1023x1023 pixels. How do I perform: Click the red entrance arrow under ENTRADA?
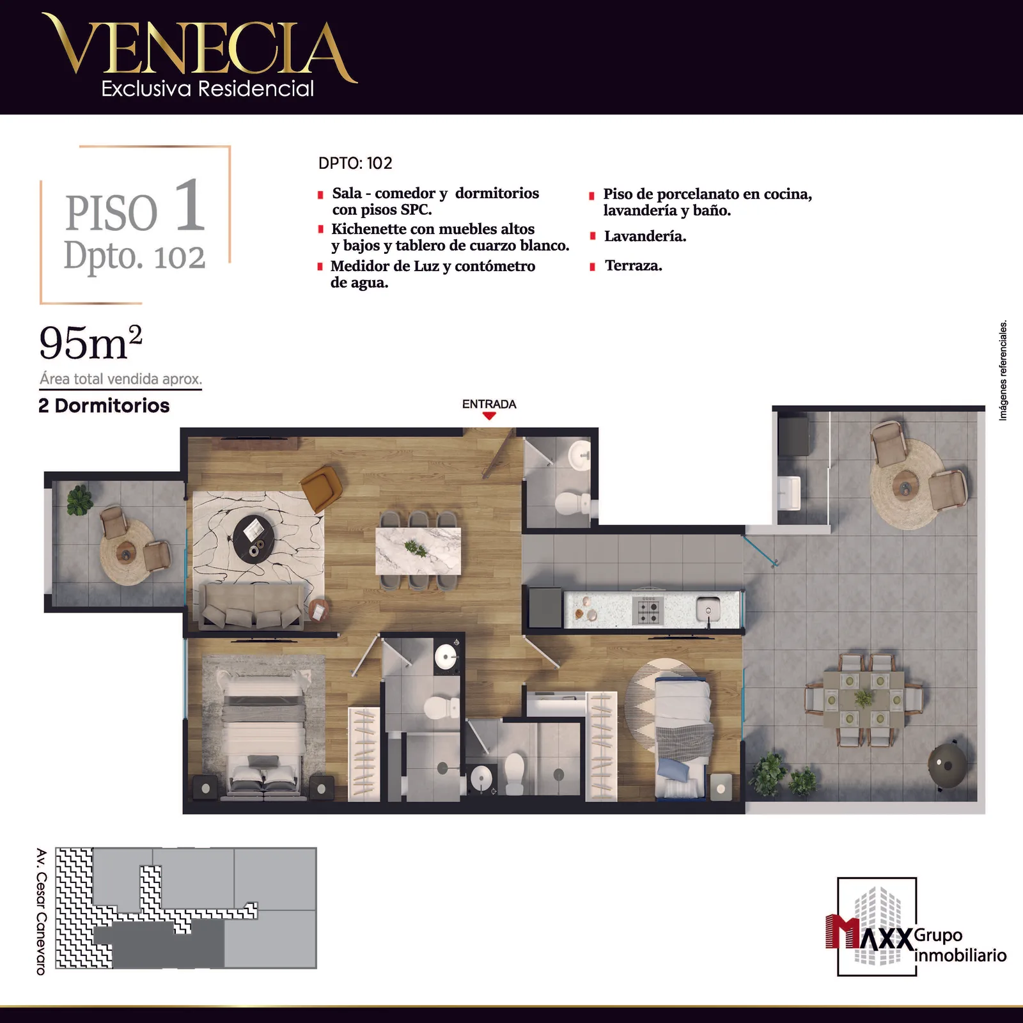point(489,416)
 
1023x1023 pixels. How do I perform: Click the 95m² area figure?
point(90,343)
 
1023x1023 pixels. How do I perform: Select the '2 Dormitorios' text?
point(104,405)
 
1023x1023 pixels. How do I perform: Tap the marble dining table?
point(418,551)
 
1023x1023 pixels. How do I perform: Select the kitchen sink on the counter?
point(708,607)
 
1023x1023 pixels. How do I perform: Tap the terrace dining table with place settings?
point(863,699)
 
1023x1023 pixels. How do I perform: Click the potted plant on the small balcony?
point(80,500)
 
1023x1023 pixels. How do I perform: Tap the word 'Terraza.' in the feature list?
point(634,266)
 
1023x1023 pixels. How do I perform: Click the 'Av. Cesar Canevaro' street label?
point(42,912)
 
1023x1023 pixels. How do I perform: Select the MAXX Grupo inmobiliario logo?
point(916,927)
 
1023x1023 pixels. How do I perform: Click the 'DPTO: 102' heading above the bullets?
point(355,163)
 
